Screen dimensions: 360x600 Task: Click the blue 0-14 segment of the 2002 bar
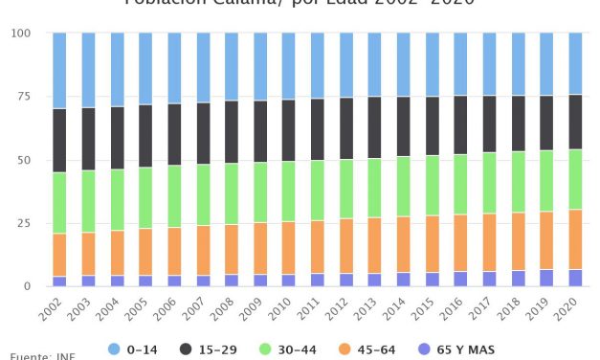pyautogui.click(x=59, y=70)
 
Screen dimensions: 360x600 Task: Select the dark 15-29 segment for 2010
pyautogui.click(x=288, y=130)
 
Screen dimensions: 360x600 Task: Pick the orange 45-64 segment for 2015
pyautogui.click(x=432, y=244)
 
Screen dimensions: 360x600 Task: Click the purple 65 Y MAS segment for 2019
pyautogui.click(x=546, y=278)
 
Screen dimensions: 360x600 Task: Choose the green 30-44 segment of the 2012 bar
pyautogui.click(x=345, y=189)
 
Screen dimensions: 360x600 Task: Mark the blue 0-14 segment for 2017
pyautogui.click(x=489, y=64)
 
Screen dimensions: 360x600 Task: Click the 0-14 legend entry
pyautogui.click(x=133, y=350)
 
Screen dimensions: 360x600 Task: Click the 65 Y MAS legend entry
pyautogui.click(x=456, y=350)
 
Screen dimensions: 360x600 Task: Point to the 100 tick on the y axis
pyautogui.click(x=20, y=34)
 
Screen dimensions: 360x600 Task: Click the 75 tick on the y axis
pyautogui.click(x=23, y=97)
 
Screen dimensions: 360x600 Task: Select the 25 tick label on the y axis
pyautogui.click(x=23, y=223)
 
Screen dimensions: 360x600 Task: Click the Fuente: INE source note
pyautogui.click(x=42, y=356)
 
